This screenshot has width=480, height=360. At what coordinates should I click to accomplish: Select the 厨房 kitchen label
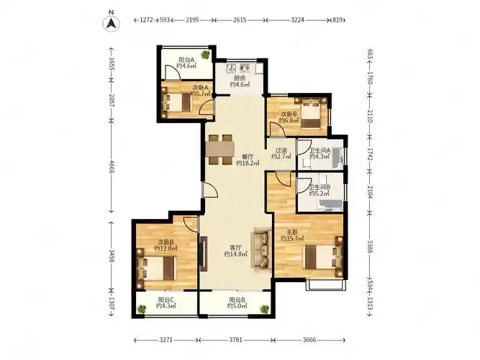240,78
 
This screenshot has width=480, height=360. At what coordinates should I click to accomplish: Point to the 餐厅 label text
247,156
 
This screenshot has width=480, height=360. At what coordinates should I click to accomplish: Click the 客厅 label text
235,247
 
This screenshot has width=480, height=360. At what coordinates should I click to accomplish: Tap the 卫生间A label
320,150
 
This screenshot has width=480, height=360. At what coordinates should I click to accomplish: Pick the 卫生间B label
320,187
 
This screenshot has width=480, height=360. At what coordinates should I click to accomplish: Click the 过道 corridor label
281,150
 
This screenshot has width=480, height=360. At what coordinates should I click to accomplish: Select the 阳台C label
166,300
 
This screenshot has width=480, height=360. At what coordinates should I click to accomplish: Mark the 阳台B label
237,300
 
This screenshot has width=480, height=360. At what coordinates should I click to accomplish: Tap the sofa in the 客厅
261,251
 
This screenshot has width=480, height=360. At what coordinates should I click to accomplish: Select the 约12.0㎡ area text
166,249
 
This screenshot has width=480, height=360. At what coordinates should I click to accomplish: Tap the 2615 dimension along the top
240,20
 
